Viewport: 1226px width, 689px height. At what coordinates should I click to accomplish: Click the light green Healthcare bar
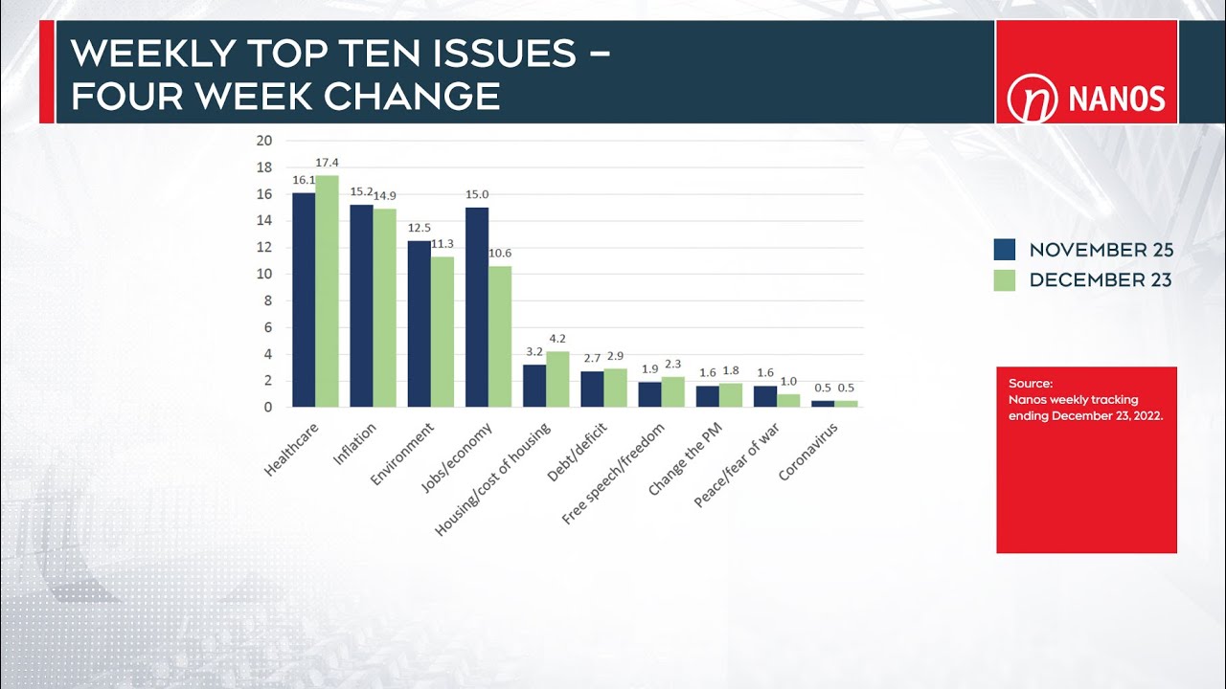327,291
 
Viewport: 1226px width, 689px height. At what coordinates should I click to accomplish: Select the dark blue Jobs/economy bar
477,307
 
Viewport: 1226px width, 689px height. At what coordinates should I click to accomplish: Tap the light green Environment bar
443,332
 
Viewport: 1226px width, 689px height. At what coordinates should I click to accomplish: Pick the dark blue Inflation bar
361,306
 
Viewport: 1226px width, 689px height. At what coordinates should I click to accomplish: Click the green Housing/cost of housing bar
557,379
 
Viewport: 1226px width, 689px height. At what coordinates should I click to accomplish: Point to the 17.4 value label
328,163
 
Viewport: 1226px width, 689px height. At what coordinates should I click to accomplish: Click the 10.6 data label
500,254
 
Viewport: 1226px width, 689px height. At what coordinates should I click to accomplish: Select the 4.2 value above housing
557,339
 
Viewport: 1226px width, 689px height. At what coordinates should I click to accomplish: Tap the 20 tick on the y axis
264,141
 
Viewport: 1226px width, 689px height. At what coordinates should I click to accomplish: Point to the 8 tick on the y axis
268,300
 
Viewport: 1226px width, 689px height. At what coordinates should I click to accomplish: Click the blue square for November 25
1004,250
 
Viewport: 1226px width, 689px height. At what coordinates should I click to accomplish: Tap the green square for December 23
1004,280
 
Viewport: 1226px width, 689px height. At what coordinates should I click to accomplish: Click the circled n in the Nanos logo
1032,100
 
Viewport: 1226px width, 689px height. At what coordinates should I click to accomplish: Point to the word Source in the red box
1030,384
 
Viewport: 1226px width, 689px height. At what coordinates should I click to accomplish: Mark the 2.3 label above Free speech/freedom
672,365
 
